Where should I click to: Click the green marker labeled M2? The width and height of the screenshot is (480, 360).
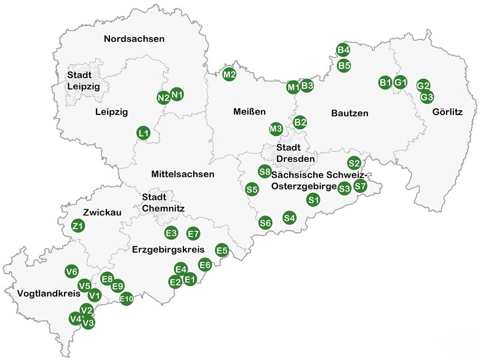(230, 74)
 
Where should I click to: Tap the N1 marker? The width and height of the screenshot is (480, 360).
(177, 94)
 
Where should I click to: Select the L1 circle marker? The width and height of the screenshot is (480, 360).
(143, 132)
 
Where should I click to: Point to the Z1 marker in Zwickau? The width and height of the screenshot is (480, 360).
(78, 226)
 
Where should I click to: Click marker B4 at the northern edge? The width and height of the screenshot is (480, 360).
(343, 50)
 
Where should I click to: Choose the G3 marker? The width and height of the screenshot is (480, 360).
(427, 97)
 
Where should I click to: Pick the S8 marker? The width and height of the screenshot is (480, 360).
(265, 171)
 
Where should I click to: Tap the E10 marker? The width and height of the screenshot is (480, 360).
(126, 300)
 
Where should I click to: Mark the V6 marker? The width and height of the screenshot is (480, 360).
(71, 271)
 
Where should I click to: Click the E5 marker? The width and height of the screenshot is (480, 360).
(222, 250)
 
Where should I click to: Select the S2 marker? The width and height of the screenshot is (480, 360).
(354, 163)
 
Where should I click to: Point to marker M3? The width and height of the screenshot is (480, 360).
(276, 129)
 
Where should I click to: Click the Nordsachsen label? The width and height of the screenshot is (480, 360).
(134, 39)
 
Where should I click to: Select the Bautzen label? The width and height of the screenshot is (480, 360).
(350, 113)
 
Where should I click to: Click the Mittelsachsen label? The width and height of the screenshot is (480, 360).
(183, 174)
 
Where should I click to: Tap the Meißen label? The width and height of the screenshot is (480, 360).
(249, 112)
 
